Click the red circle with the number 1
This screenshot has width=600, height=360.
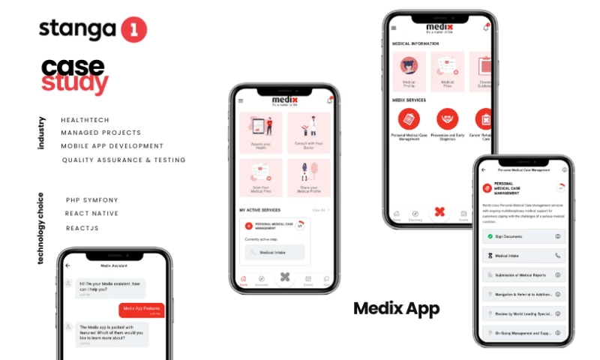coord(133,30)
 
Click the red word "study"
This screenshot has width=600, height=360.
coord(74,83)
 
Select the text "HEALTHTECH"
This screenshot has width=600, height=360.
coord(85,120)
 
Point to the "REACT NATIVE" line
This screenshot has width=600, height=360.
coord(91,214)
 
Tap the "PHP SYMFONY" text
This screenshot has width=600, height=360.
coord(92,200)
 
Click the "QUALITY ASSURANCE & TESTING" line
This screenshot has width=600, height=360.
coord(124,160)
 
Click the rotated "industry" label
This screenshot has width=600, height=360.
coord(41,133)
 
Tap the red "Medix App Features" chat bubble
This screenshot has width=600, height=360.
coord(141,310)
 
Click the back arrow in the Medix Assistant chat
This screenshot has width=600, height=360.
coord(68,265)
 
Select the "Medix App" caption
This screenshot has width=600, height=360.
coord(396,308)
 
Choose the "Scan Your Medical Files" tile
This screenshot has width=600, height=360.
coord(260,178)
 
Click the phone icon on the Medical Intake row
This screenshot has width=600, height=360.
coord(557,256)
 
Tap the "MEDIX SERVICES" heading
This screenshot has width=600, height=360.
coord(409,99)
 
